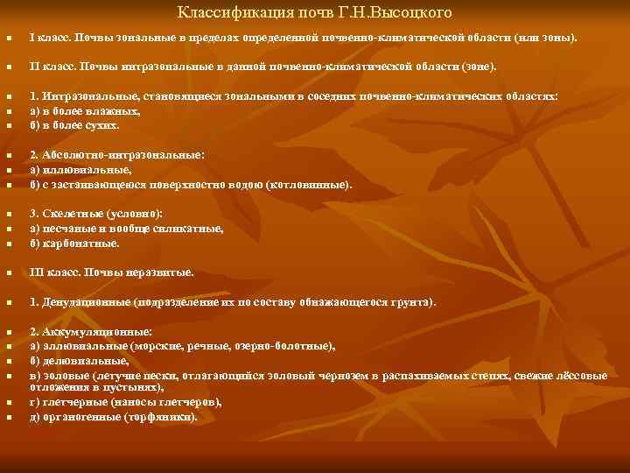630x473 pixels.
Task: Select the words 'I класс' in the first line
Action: pyautogui.click(x=49, y=39)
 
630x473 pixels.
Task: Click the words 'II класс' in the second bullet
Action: pyautogui.click(x=52, y=66)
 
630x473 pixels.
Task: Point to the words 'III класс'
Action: pyautogui.click(x=53, y=272)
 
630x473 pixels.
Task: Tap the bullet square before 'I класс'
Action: pyautogui.click(x=9, y=40)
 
